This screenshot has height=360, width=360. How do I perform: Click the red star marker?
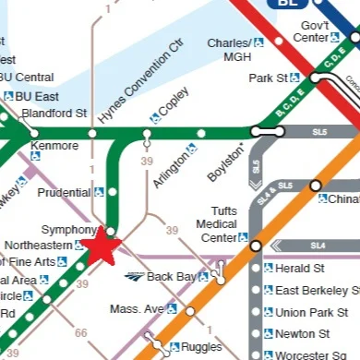pos(101,247)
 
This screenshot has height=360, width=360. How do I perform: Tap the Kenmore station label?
pos(48,146)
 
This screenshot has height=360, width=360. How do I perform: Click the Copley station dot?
pos(146,134)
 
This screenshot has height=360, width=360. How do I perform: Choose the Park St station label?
pos(268,78)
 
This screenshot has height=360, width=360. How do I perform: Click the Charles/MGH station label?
pos(229,50)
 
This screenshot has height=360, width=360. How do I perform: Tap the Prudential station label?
pos(65,193)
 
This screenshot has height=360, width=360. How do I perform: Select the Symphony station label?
pos(67,230)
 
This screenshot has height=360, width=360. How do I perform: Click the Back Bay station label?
pos(172,276)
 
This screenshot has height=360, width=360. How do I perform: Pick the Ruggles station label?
pos(202,347)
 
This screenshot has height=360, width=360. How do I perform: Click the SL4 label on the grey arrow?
pos(318,246)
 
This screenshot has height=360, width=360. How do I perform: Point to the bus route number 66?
pos(80,332)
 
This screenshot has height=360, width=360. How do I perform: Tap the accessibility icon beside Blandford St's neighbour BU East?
pos(8,96)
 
